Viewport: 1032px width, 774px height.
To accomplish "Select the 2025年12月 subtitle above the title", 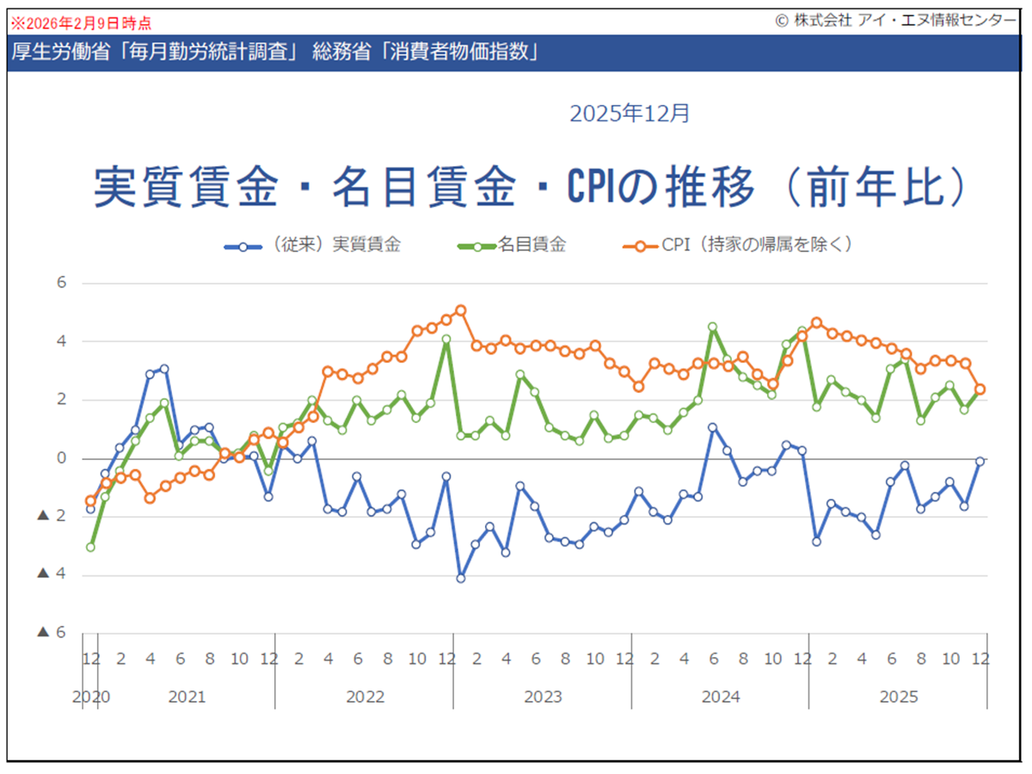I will [630, 113].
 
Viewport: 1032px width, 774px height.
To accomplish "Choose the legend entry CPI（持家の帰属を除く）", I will [756, 245].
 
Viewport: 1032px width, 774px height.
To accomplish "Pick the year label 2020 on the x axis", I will [90, 697].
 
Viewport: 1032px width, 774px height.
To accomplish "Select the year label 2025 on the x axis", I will [899, 697].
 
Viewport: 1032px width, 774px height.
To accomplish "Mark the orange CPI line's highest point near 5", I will [460, 310].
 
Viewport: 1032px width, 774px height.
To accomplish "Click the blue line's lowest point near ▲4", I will [460, 578].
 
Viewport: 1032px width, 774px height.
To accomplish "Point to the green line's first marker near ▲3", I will [90, 547].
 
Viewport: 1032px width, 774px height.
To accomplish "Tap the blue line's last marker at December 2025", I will [980, 462].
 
